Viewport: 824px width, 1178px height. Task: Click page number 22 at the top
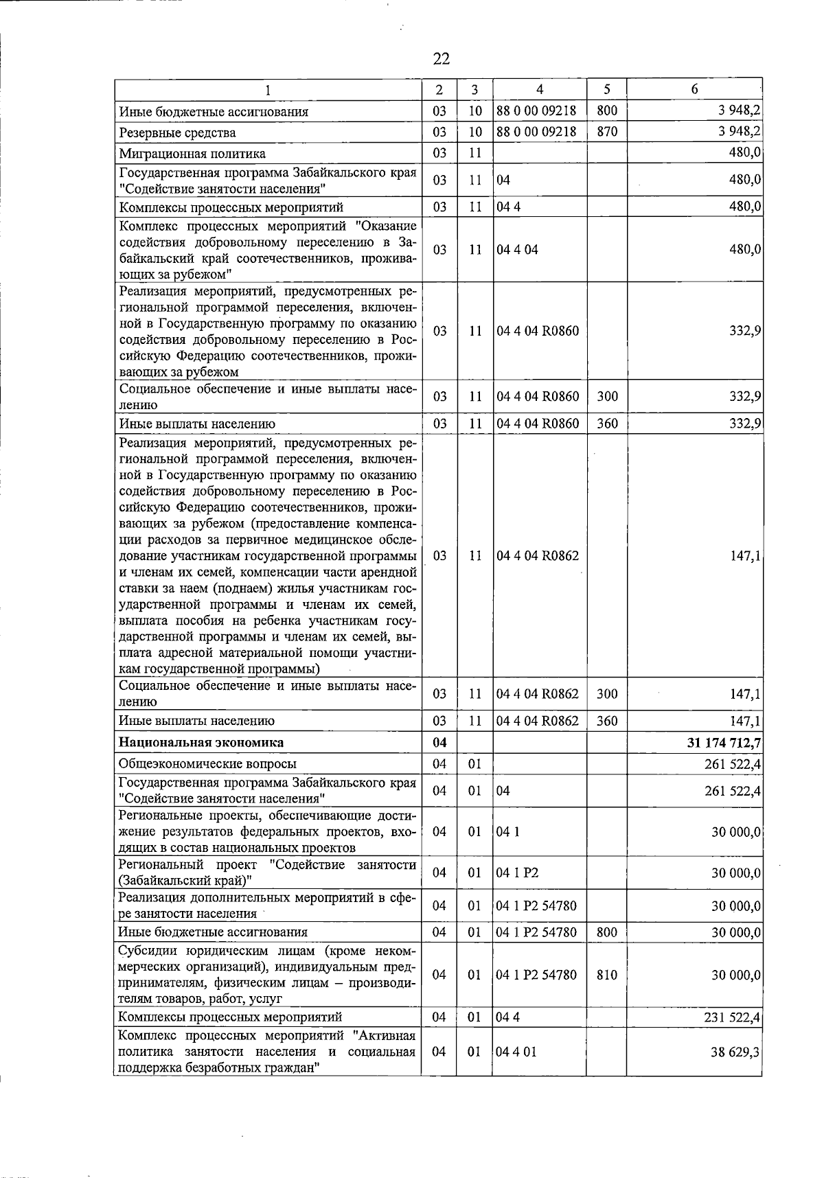[442, 59]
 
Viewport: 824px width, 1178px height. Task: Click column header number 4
[540, 89]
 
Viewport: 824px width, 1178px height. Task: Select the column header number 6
[694, 89]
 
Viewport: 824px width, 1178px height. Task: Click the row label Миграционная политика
[192, 153]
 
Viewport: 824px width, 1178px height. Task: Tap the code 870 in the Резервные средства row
[607, 132]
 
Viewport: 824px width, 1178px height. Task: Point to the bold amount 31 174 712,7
[719, 742]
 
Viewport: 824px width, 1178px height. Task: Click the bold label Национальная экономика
[201, 742]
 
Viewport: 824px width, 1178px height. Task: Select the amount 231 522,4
[732, 1017]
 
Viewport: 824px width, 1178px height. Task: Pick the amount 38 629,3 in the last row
[735, 1052]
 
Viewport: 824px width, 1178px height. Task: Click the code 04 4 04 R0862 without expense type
[538, 556]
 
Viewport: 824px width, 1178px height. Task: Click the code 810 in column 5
[607, 975]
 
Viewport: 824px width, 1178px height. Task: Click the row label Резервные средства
[177, 132]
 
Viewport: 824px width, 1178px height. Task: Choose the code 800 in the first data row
[607, 111]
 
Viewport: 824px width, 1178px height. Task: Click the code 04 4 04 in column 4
[518, 250]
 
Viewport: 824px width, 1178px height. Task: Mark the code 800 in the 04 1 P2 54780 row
[607, 932]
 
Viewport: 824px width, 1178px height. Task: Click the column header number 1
[268, 89]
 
